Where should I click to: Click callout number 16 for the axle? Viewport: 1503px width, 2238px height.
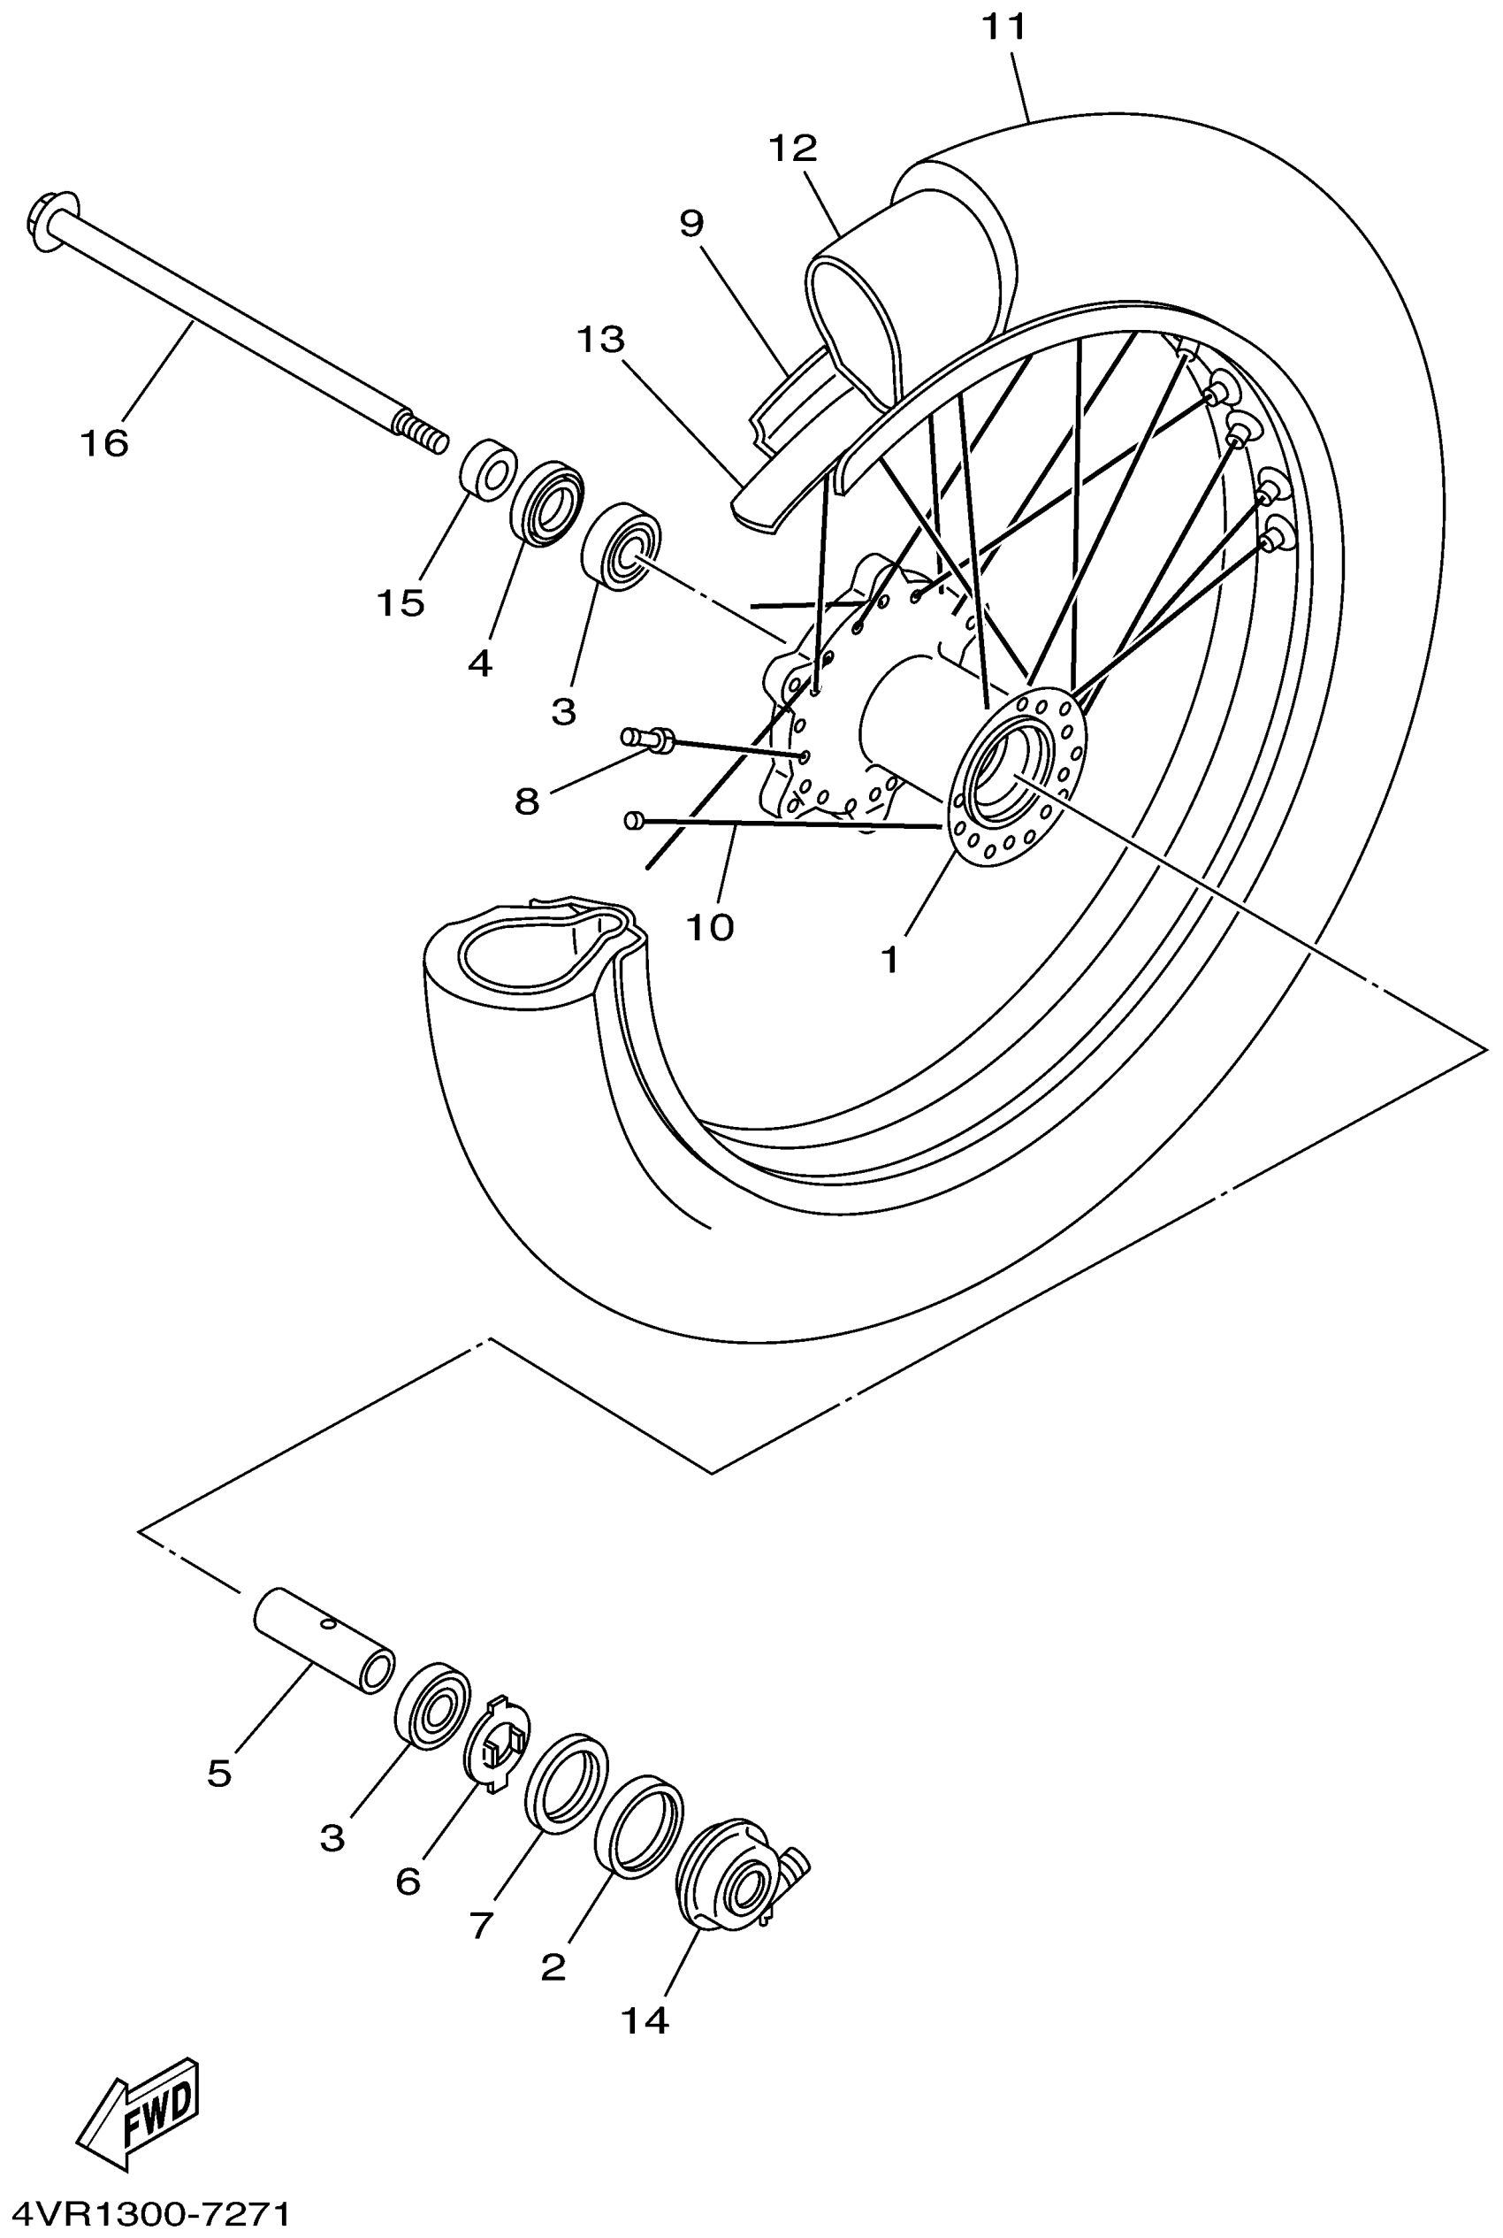[x=104, y=444]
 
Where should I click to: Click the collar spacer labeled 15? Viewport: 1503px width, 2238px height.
[x=489, y=470]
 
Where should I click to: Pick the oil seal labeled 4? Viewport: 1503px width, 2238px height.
[x=546, y=504]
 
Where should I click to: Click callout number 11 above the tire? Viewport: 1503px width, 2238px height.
[x=1003, y=27]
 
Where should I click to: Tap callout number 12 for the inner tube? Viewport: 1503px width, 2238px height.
[x=793, y=148]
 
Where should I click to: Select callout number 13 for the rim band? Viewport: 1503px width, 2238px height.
[x=601, y=340]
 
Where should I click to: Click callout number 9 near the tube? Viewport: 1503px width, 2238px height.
[x=691, y=224]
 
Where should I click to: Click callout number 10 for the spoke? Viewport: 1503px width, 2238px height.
[x=710, y=927]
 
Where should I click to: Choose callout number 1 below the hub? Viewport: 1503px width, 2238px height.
[x=890, y=960]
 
